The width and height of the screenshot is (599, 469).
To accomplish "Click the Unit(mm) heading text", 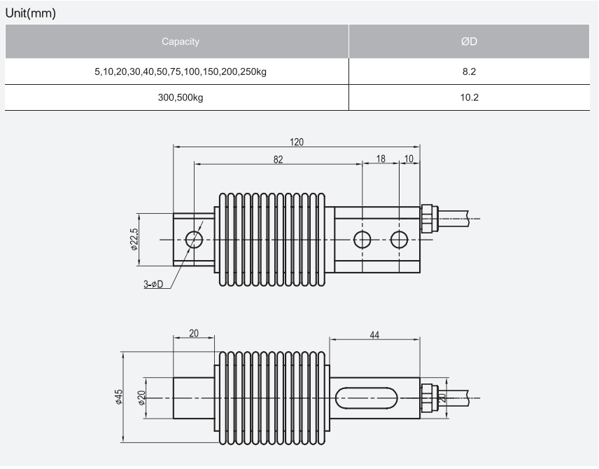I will click(x=30, y=13).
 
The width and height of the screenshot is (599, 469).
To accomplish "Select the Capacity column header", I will click(x=180, y=41).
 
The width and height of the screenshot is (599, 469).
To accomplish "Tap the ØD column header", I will click(x=469, y=41).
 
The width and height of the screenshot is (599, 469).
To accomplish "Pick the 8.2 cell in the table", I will click(x=469, y=71).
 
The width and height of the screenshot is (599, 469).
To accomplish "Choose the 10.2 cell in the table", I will click(x=469, y=97).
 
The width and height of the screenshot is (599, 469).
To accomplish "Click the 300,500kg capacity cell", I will click(x=180, y=97).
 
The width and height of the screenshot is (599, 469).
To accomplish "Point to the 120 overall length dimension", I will click(x=297, y=142).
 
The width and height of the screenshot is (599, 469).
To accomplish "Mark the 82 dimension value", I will click(x=278, y=159).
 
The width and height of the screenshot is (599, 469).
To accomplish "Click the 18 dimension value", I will click(x=381, y=159).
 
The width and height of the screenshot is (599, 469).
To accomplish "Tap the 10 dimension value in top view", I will click(x=409, y=159).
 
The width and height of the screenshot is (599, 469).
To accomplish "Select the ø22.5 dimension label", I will click(x=134, y=239).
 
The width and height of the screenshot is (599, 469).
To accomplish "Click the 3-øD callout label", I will click(x=153, y=284).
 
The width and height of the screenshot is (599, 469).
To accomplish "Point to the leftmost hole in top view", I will click(x=194, y=240).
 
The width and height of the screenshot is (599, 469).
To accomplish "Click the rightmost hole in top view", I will click(x=399, y=240).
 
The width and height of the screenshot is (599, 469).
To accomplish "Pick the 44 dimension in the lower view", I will click(x=374, y=336).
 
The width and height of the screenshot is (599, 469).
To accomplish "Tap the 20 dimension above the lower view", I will click(x=194, y=334).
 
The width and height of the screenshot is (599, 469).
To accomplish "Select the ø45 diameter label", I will click(x=120, y=397).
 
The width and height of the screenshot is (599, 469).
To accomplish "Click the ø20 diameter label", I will click(x=141, y=397).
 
